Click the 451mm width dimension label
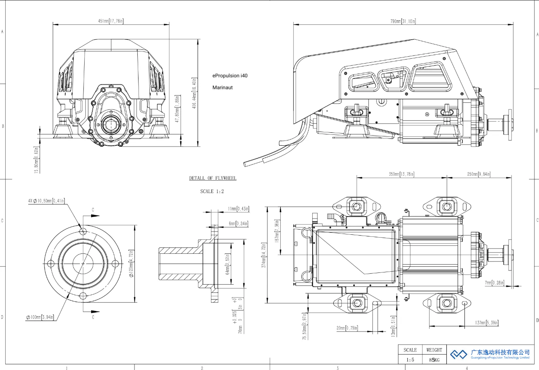111,21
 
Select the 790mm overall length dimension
403,21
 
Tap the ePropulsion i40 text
230,76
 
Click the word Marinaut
222,87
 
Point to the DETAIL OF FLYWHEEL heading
213,178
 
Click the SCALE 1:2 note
212,191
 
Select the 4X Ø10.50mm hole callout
46,201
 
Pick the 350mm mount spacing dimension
401,174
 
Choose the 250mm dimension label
479,174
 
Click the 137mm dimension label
487,323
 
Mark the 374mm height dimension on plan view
264,255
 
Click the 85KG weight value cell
434,359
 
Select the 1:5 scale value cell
410,359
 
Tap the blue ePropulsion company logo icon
459,354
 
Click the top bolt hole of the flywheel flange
83,232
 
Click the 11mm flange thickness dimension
238,209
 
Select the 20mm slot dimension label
347,328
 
